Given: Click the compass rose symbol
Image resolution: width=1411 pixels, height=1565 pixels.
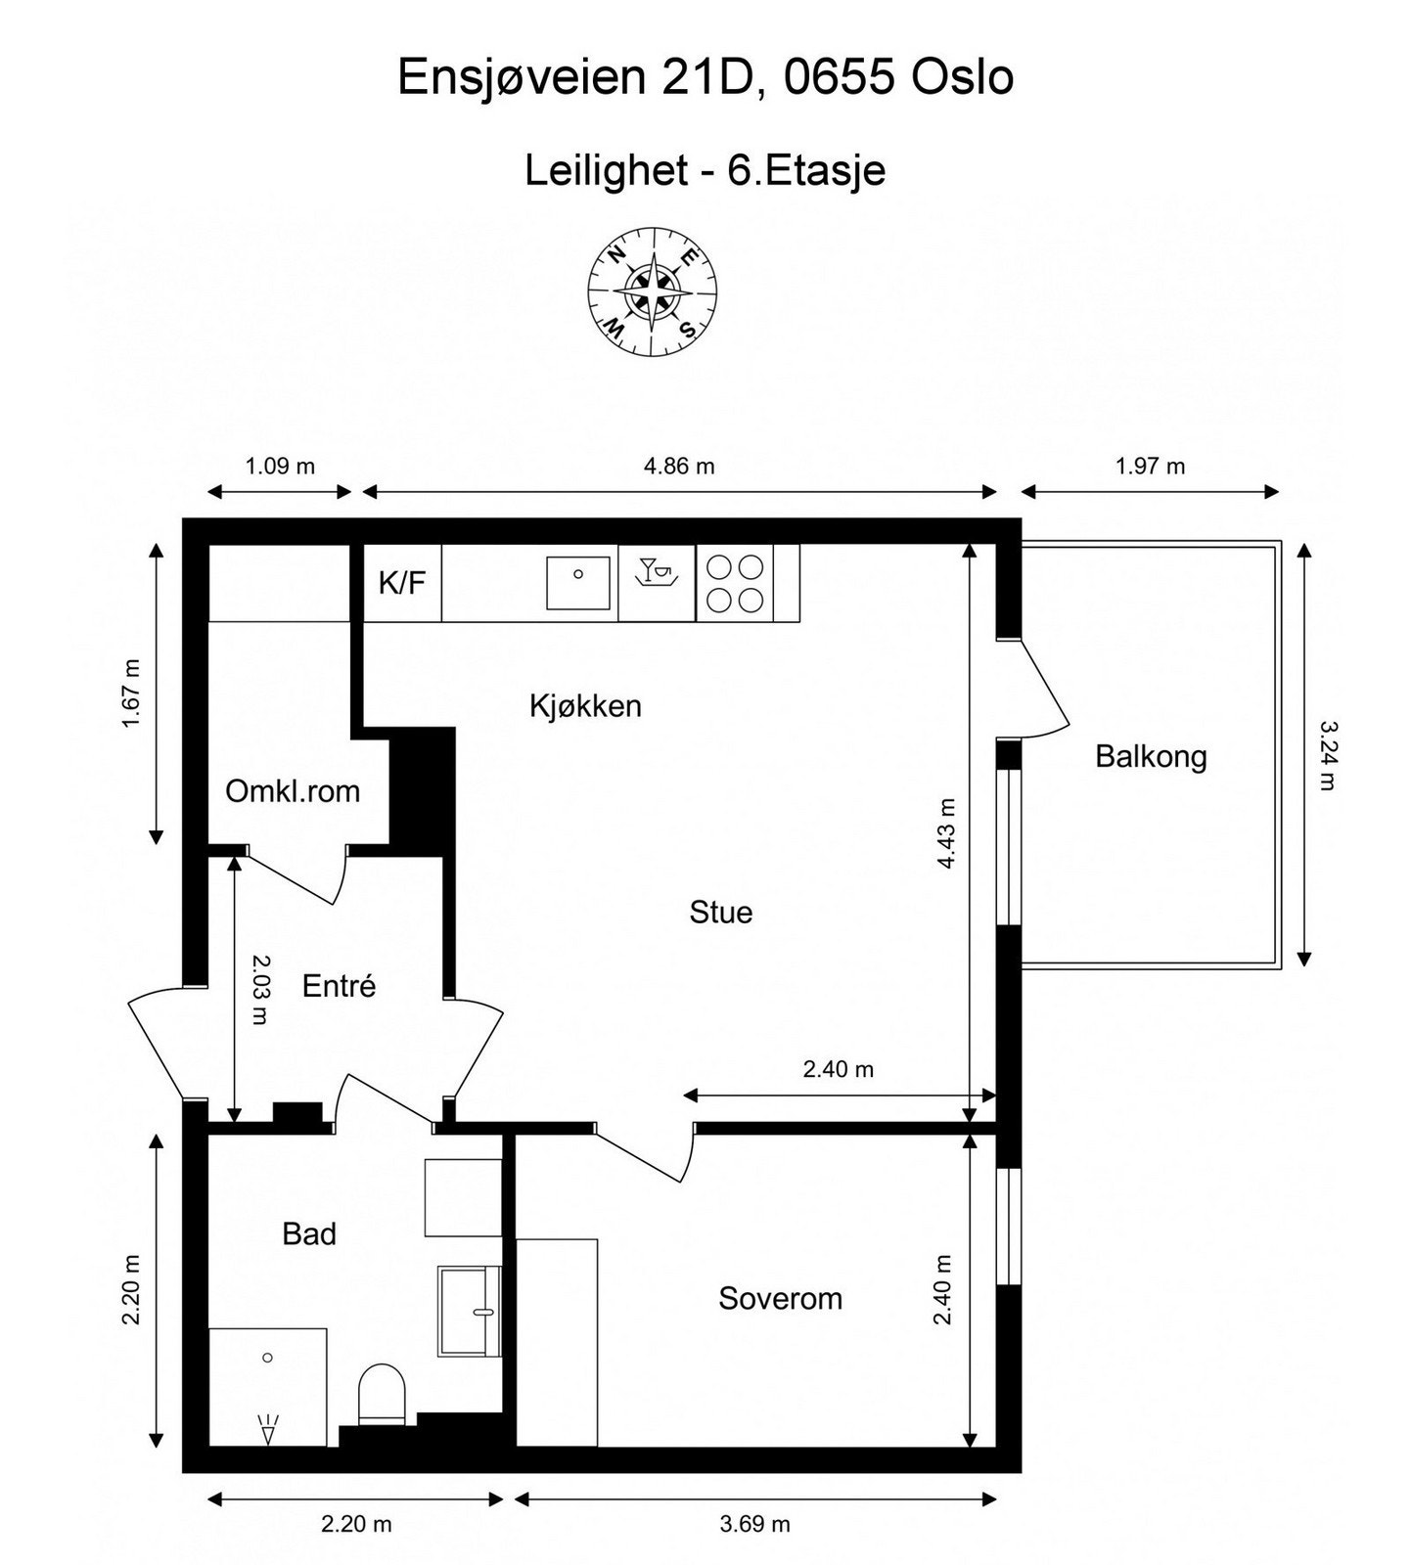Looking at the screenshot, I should pyautogui.click(x=653, y=291).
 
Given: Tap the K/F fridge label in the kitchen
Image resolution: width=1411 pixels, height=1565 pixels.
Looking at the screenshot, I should pyautogui.click(x=402, y=584).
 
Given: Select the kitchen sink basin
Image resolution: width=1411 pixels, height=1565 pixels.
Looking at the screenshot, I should pyautogui.click(x=578, y=583).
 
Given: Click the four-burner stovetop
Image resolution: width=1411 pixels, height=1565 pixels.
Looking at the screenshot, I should pyautogui.click(x=735, y=583).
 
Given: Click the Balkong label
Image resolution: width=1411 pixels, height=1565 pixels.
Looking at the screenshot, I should pyautogui.click(x=1151, y=756).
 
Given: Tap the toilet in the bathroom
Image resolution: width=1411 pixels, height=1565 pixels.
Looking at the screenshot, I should pyautogui.click(x=382, y=1396).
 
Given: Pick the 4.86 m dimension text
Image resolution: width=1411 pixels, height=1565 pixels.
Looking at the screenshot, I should pyautogui.click(x=679, y=467).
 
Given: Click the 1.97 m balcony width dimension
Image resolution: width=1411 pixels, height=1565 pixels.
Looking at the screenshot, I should pyautogui.click(x=1150, y=467).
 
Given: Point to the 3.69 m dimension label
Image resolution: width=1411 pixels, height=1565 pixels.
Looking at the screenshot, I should pyautogui.click(x=754, y=1524).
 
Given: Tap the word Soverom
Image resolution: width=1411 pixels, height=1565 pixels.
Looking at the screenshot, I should pyautogui.click(x=780, y=1299).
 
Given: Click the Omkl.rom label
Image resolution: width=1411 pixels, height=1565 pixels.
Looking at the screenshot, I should pyautogui.click(x=293, y=790).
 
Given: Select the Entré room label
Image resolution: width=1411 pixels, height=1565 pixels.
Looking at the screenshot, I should pyautogui.click(x=339, y=986).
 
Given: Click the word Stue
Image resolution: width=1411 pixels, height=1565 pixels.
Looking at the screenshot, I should pyautogui.click(x=721, y=913).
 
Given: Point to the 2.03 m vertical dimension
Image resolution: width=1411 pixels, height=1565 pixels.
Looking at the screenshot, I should pyautogui.click(x=259, y=989).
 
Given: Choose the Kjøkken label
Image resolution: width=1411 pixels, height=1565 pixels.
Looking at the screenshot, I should pyautogui.click(x=585, y=705).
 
